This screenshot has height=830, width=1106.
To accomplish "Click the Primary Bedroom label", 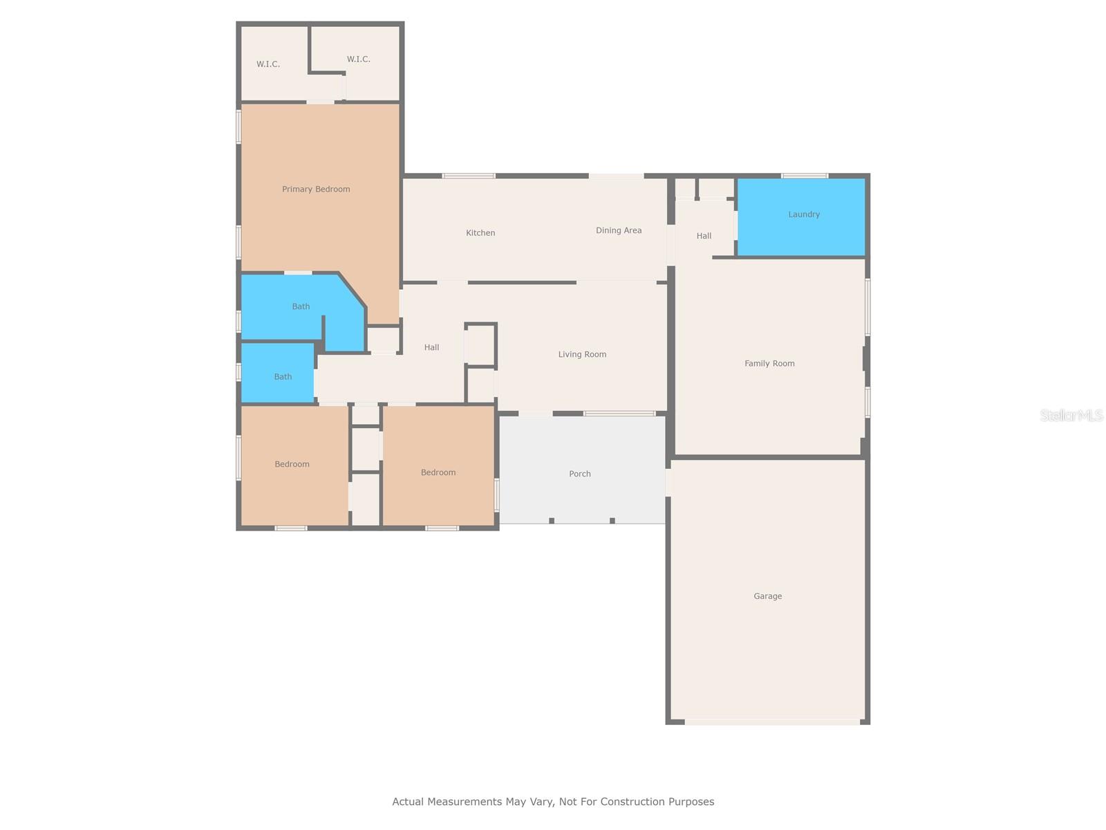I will [x=316, y=189].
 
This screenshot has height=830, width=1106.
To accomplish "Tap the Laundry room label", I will [x=804, y=214].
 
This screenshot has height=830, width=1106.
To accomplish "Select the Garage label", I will [x=767, y=596].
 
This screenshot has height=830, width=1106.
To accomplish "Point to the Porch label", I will [x=580, y=474].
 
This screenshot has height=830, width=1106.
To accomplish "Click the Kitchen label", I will [x=480, y=233].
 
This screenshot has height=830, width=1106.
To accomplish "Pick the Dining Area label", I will [x=619, y=230].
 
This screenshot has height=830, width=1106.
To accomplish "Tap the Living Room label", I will [x=582, y=354].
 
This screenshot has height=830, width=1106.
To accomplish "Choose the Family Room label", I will [x=769, y=363].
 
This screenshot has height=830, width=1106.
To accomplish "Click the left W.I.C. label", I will [x=268, y=64].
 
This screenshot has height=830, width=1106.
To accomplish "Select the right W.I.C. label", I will [x=358, y=59].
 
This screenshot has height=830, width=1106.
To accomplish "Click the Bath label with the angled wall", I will [x=301, y=306].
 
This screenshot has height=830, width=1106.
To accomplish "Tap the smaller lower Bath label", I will [x=283, y=377].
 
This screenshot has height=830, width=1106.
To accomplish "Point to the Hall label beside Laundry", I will [x=704, y=236].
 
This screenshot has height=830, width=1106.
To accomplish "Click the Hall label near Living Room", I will [x=431, y=348].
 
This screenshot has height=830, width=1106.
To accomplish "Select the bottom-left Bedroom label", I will [x=292, y=464].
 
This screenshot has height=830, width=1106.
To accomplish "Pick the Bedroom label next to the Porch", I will [x=438, y=472].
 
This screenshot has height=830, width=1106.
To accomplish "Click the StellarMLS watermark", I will [x=1071, y=415].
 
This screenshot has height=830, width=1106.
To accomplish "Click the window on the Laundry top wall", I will [x=805, y=176].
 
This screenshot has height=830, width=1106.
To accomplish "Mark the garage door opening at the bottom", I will [x=772, y=722].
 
